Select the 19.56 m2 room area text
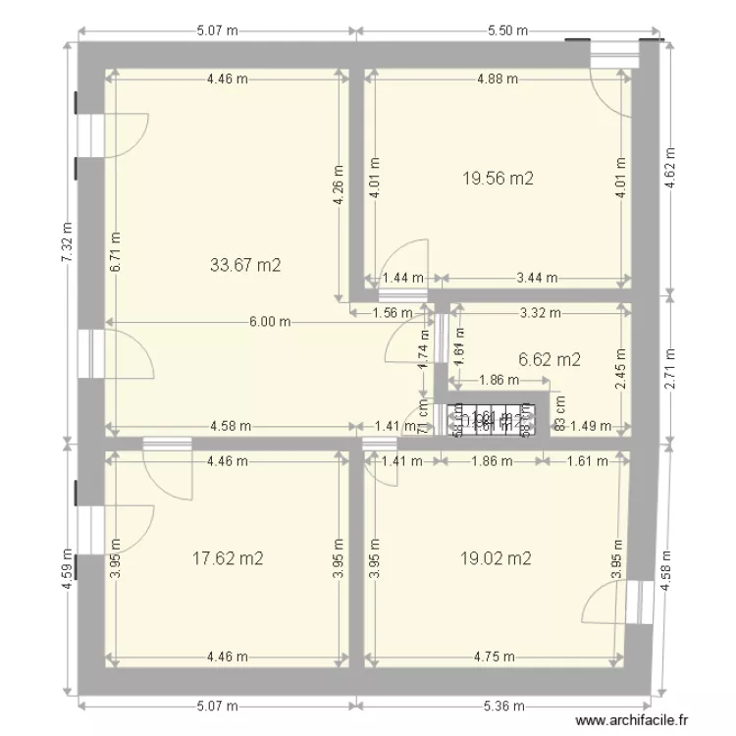click(x=498, y=178)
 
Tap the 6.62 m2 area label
click(x=549, y=359)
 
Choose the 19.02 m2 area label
click(x=496, y=558)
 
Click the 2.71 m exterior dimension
click(x=670, y=366)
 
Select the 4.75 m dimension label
click(x=497, y=657)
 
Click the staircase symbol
click(x=496, y=420)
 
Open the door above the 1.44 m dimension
click(x=402, y=263)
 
